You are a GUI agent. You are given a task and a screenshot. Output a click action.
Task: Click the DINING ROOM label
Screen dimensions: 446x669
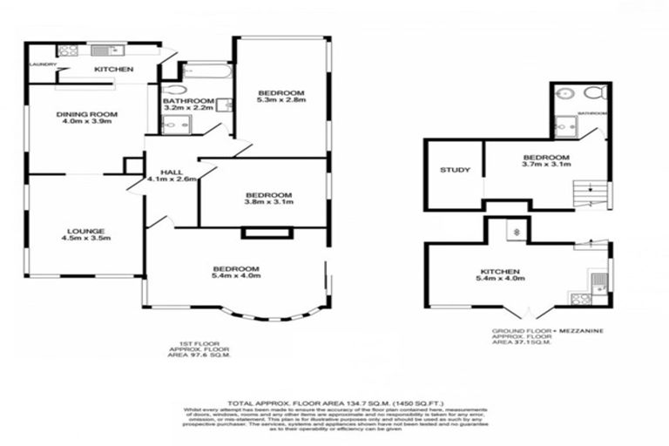click(87, 114)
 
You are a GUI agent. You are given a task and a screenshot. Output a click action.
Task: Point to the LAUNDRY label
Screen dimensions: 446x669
click(44, 64)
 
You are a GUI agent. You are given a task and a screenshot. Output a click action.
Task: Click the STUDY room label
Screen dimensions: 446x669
click(455, 170)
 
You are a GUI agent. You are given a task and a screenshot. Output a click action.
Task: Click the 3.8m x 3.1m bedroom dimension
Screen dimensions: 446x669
click(269, 203)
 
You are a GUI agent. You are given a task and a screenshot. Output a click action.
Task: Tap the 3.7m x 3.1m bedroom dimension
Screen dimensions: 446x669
click(545, 164)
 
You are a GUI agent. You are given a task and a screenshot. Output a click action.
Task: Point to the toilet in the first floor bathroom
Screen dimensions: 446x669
click(174, 89)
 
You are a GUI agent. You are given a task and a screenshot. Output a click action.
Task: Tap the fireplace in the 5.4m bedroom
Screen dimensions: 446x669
click(255, 233)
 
